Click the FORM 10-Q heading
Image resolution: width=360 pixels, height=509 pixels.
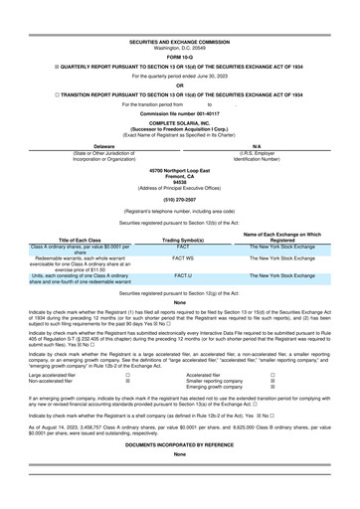point(180,27)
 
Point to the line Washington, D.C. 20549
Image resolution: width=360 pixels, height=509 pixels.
point(180,19)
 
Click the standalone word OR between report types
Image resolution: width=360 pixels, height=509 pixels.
point(180,57)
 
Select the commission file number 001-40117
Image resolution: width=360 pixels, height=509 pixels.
point(180,84)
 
